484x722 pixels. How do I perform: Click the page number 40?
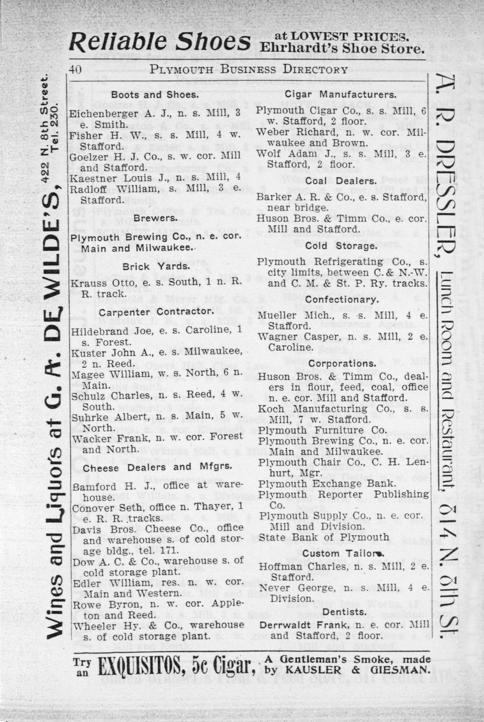tap(75, 70)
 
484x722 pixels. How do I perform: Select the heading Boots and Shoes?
tap(154, 95)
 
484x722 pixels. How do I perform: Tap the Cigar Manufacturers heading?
tap(340, 95)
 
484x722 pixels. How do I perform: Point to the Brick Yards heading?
tap(155, 266)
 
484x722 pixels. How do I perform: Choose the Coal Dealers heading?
tap(341, 181)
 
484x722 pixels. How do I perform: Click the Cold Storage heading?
tap(341, 245)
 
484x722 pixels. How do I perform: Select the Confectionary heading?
tap(341, 300)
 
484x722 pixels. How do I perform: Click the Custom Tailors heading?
tap(343, 554)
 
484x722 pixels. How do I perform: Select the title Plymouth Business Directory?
tap(248, 70)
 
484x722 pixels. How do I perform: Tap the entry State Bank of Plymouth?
tap(323, 537)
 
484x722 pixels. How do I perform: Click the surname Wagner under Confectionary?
tap(274, 337)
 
